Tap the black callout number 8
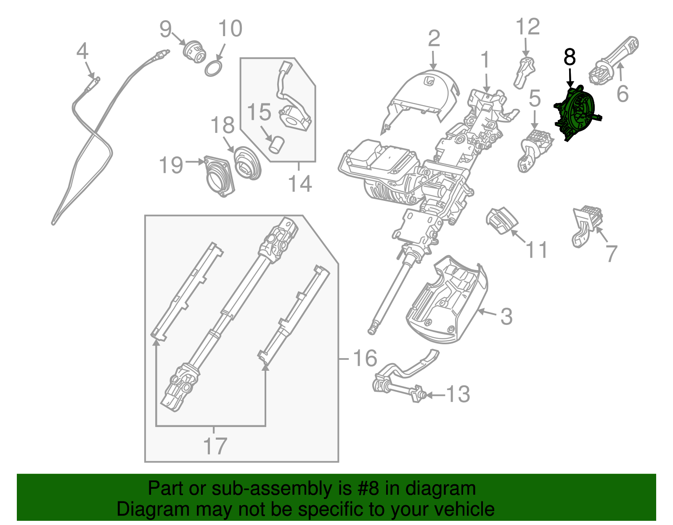click(570, 57)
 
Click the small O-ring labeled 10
click(214, 68)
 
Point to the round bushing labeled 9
click(195, 51)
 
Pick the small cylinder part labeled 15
click(277, 145)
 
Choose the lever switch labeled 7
click(587, 225)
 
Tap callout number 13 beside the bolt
click(458, 394)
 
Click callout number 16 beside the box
click(365, 358)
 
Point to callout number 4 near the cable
click(82, 52)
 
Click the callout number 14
click(300, 184)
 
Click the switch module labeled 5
click(534, 149)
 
